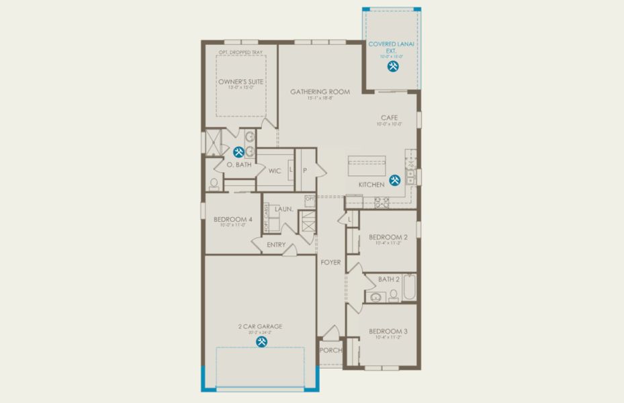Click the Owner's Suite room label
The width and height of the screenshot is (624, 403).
240,81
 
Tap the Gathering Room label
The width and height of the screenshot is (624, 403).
320,92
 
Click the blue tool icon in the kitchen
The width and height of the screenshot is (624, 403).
395,179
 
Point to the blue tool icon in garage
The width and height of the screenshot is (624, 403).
261,341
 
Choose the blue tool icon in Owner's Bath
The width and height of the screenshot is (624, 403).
238,152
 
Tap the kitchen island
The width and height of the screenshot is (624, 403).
366,165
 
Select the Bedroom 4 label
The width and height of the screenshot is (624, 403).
232,219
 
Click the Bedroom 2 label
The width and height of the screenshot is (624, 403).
388,237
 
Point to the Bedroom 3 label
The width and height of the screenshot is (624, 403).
388,331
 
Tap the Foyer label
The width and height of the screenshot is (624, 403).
330,263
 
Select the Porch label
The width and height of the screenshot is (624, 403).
330,350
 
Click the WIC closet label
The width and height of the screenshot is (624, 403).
274,171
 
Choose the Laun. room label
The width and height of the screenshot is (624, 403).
283,210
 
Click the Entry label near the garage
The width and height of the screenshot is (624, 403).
275,244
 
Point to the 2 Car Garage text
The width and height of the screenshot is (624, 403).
260,326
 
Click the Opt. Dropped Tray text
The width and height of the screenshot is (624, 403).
240,52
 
